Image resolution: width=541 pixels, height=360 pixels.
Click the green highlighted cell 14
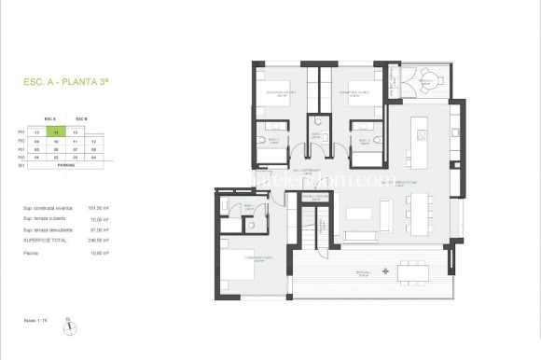point(57,133)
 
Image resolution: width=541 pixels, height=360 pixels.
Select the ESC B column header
point(80,119)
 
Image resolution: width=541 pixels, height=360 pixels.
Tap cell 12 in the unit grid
point(95,140)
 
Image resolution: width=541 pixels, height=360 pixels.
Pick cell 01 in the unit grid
point(36,156)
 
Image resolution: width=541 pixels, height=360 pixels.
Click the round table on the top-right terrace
point(428,77)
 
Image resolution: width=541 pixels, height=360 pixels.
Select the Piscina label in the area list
point(33,252)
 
